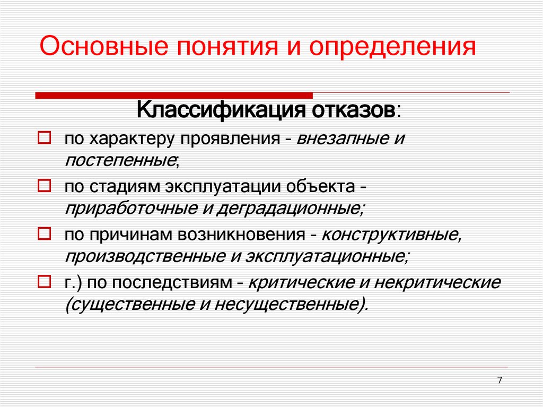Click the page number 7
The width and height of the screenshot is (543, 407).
pyautogui.click(x=500, y=380)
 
